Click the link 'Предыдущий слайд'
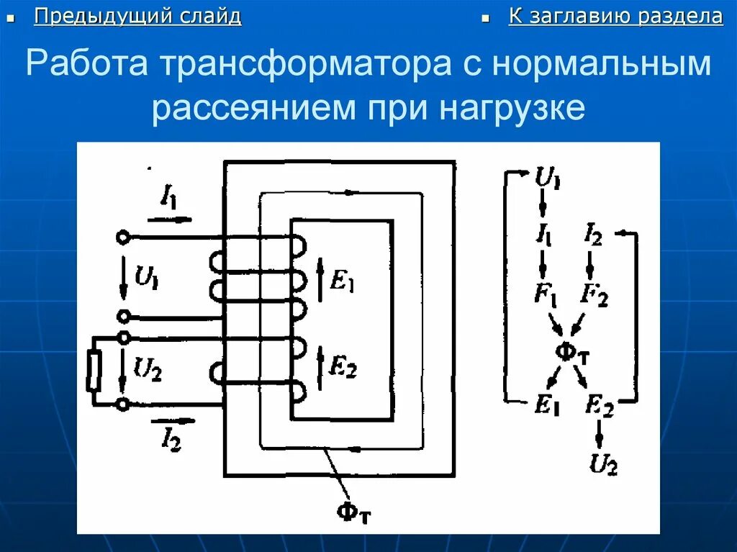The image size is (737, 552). [137, 17]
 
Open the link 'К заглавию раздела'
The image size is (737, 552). [615, 17]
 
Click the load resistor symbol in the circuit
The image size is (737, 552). [93, 371]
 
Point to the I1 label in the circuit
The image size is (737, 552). [170, 197]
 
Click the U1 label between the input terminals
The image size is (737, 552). [147, 276]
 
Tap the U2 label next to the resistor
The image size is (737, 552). [148, 370]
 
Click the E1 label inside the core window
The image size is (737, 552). [342, 283]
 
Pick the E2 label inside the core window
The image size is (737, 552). [342, 368]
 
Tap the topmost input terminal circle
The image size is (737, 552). [123, 237]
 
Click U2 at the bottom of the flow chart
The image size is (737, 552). [603, 464]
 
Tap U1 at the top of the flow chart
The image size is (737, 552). [548, 176]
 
